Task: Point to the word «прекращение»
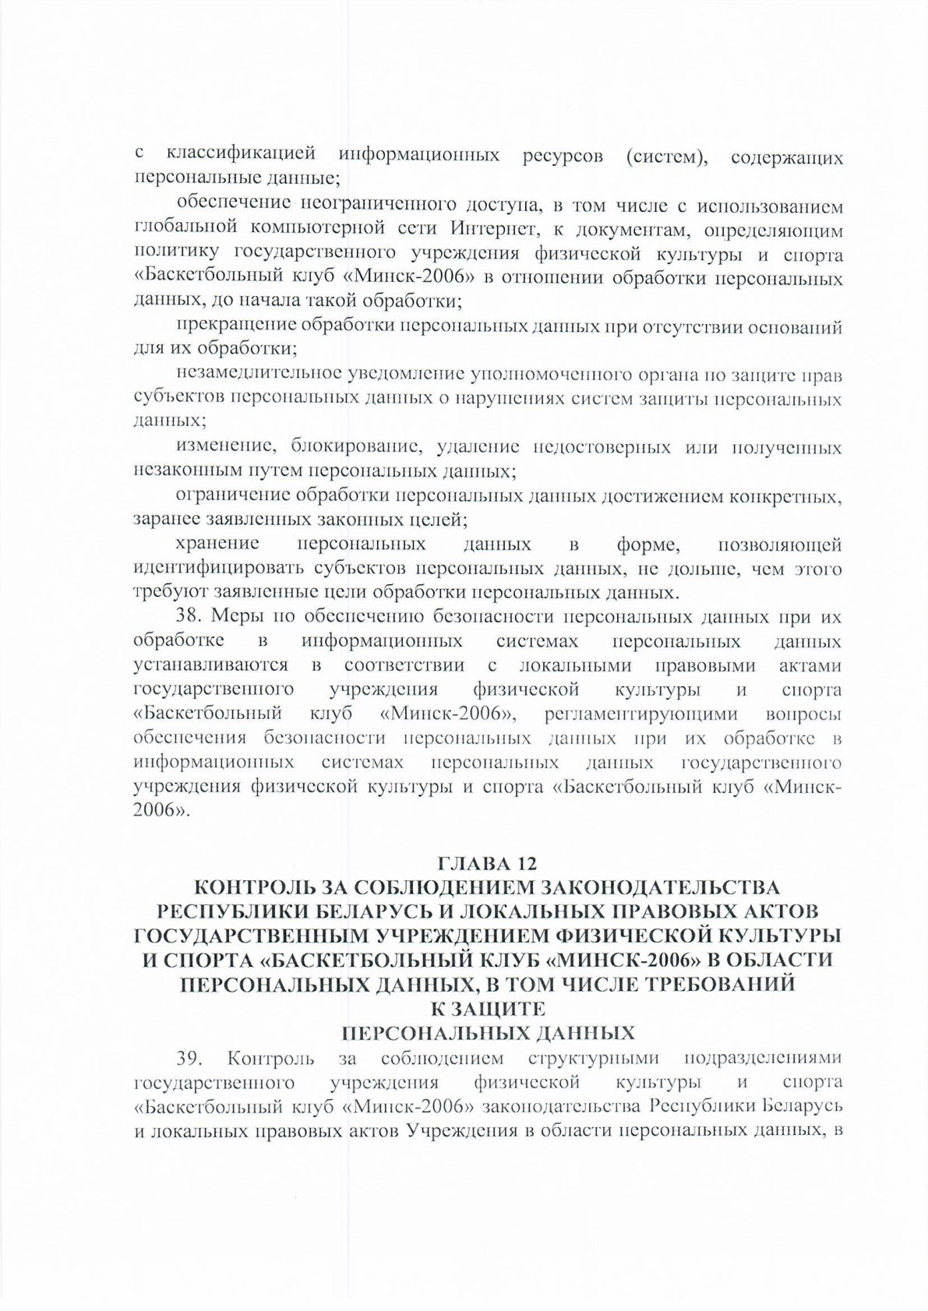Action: tap(238, 326)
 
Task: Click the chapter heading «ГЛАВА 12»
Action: tap(489, 863)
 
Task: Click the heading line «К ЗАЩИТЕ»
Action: tap(486, 1009)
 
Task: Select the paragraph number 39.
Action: tap(189, 1059)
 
